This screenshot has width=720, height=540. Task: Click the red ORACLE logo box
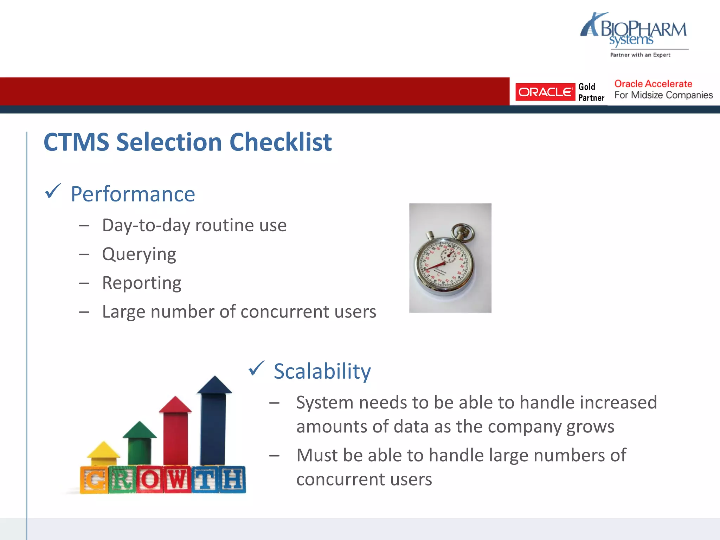pos(545,92)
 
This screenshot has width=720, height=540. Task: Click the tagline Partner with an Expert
pos(640,55)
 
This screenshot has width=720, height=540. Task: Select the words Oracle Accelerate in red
pos(653,84)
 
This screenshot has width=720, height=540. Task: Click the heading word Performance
pos(133,194)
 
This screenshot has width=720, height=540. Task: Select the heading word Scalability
pos(322,371)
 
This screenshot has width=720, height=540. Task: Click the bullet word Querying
pos(139,254)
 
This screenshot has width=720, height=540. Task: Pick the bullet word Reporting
pos(141,283)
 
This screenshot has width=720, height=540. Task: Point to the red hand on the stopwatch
pos(435,265)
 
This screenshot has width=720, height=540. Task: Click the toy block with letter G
pos(94,480)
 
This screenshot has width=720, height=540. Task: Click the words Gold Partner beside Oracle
pos(591,92)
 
